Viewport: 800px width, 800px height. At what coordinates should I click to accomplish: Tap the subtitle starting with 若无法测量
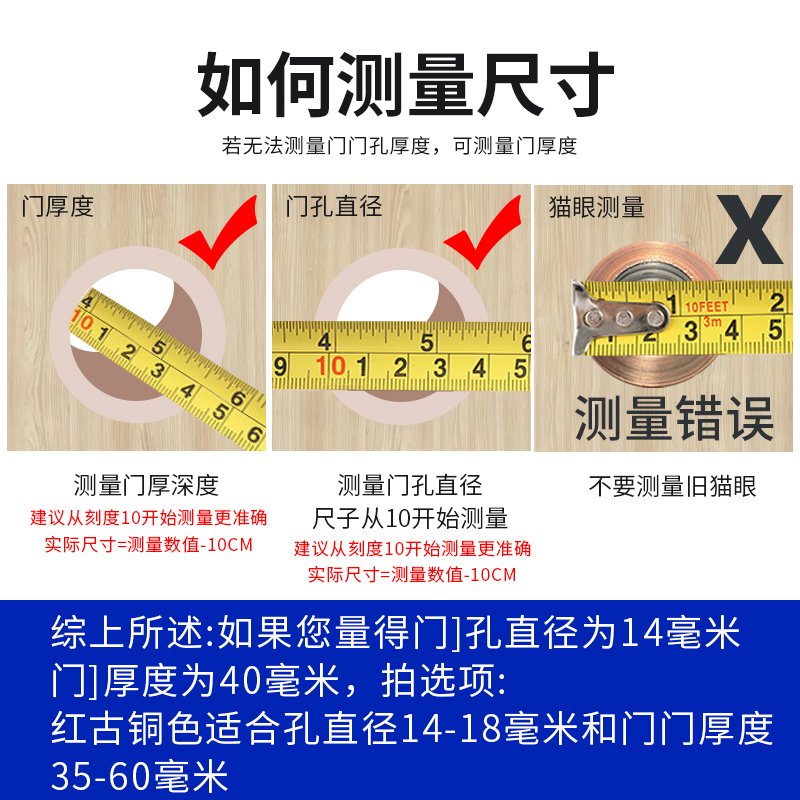(400, 146)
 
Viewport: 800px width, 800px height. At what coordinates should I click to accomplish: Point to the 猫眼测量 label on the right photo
(597, 207)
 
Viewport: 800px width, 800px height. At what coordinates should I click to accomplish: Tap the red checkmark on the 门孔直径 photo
(485, 234)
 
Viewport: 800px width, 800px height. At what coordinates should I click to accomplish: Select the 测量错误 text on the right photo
(674, 418)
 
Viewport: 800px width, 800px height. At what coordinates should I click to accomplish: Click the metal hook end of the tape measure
(610, 317)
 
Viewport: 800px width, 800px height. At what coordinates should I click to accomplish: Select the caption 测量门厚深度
(146, 486)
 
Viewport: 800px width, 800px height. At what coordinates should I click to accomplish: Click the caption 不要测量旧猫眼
(672, 487)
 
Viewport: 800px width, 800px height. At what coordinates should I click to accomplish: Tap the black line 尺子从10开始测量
(411, 518)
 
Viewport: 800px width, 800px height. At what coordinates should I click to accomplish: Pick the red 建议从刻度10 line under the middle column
(412, 548)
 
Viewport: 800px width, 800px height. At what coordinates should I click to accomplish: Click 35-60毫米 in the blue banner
(140, 776)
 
